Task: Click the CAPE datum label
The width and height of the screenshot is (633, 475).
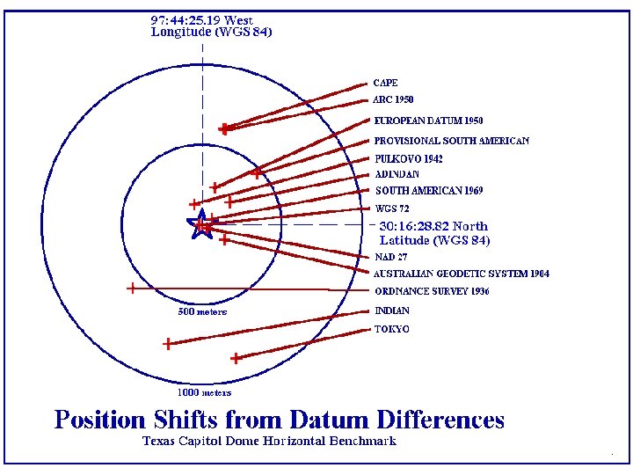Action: click(385, 83)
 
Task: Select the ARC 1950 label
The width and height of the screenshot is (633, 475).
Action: click(393, 99)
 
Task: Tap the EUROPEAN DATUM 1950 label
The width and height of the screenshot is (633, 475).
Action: click(428, 120)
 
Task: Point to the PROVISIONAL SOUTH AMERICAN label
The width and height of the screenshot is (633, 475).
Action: click(452, 141)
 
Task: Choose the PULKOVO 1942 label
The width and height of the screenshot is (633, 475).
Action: click(409, 159)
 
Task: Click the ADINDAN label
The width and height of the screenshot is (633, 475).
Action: click(397, 174)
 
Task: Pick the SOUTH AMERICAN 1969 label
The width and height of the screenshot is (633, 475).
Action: click(429, 191)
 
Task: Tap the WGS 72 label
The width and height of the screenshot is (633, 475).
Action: click(392, 209)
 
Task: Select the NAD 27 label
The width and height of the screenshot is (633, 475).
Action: click(391, 258)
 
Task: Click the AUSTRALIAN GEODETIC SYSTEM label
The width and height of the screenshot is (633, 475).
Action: click(462, 274)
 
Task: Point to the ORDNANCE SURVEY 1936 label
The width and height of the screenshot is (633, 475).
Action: click(432, 291)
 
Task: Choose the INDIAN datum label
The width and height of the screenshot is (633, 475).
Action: click(392, 311)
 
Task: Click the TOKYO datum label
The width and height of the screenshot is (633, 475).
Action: click(392, 329)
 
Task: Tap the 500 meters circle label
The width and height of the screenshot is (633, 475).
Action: click(202, 311)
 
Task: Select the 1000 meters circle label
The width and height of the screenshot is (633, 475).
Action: click(205, 392)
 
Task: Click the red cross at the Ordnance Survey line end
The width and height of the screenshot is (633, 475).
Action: click(131, 288)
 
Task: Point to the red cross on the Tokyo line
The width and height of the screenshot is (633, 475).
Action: click(236, 358)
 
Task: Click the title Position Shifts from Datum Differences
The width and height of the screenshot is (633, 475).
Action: click(280, 420)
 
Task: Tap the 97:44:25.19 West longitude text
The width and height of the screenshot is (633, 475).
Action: click(202, 19)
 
